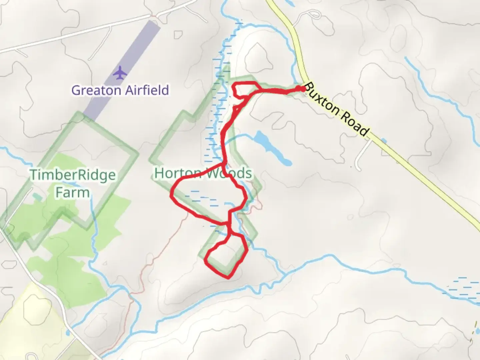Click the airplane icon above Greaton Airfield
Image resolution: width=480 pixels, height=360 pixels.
pyautogui.click(x=119, y=73)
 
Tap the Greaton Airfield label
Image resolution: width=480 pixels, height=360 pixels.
pyautogui.click(x=120, y=90)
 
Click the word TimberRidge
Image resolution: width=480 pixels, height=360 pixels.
pyautogui.click(x=73, y=175)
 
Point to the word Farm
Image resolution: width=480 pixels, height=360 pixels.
pyautogui.click(x=72, y=192)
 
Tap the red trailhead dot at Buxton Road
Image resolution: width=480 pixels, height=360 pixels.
pyautogui.click(x=302, y=88)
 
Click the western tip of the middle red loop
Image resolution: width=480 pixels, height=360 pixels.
pyautogui.click(x=172, y=195)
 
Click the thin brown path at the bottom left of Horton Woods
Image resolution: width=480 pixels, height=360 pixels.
pyautogui.click(x=147, y=267)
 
